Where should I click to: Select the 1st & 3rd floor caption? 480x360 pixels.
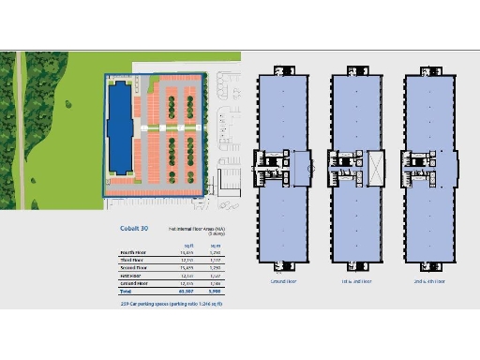click(357, 279)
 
